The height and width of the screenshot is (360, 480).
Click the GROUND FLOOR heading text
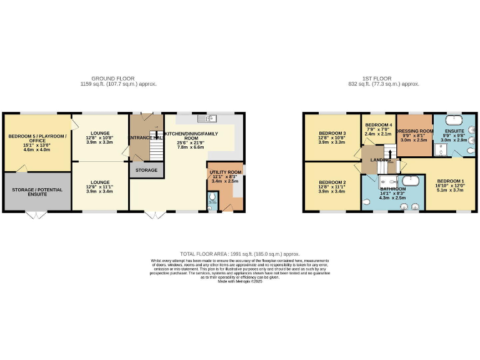point(119,78)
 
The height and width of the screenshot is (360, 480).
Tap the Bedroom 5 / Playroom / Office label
point(37,139)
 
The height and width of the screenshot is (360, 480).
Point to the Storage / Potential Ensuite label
point(37,187)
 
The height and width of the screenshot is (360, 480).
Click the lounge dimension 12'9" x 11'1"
point(101,179)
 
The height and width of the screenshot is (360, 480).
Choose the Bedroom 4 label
point(378,125)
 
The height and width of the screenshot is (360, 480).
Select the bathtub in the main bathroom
point(410,182)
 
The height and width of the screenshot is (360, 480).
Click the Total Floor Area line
point(239,254)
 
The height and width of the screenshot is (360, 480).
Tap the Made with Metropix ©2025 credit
point(239,282)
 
